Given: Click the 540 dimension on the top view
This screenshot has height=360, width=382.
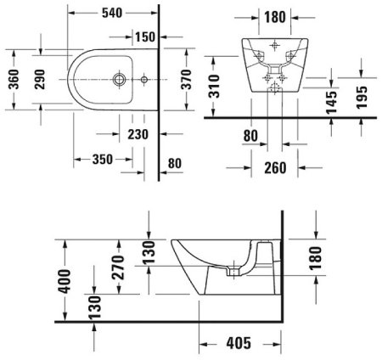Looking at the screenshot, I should (113, 13).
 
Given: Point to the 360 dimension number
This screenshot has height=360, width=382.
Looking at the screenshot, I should (14, 82).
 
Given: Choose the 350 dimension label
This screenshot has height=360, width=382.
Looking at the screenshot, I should (102, 159).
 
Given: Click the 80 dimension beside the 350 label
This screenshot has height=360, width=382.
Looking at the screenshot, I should (176, 163).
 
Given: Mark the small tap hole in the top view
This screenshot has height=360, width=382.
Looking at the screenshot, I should (144, 82).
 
